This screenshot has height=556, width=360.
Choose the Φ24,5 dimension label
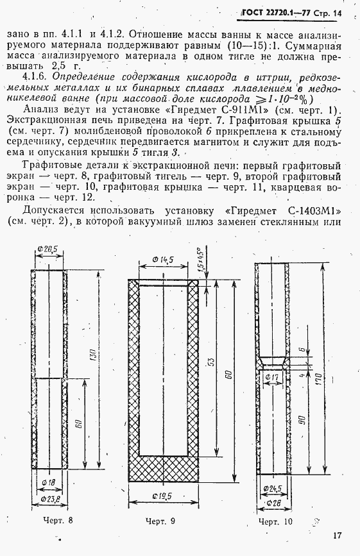(x=276, y=489)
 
